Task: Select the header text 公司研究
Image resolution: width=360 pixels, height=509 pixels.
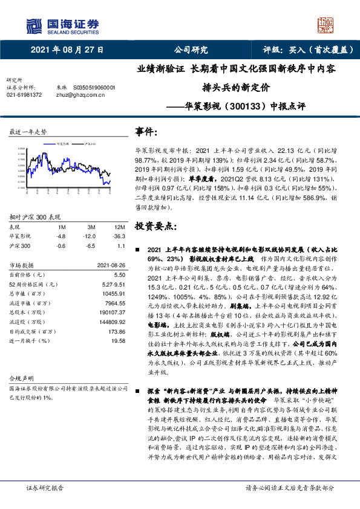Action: point(191,50)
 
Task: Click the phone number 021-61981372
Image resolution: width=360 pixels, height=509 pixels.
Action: point(24,95)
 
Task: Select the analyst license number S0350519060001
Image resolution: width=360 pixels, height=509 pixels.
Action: point(94,87)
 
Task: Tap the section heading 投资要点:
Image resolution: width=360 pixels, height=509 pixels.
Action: point(156,226)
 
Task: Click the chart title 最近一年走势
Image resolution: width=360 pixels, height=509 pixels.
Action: point(28,131)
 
